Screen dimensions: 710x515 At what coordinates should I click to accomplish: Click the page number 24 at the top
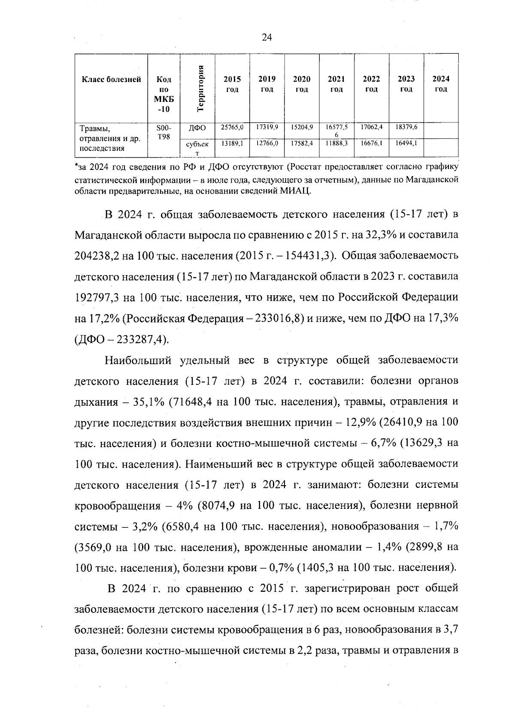click(x=267, y=37)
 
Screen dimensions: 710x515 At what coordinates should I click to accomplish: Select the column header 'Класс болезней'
click(x=111, y=80)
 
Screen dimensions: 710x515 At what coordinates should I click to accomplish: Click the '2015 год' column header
click(x=232, y=84)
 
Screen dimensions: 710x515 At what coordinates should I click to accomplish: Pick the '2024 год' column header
click(x=441, y=84)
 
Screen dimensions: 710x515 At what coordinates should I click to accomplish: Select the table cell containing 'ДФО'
click(x=197, y=128)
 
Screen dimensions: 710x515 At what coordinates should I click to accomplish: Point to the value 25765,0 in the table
click(x=232, y=127)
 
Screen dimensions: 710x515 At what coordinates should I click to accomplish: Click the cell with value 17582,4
click(x=302, y=144)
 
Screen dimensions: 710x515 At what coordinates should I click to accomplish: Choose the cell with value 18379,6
click(x=406, y=127)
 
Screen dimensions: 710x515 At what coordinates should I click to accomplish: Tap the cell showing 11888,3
click(x=336, y=144)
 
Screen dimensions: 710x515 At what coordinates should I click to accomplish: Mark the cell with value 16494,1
click(x=406, y=144)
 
